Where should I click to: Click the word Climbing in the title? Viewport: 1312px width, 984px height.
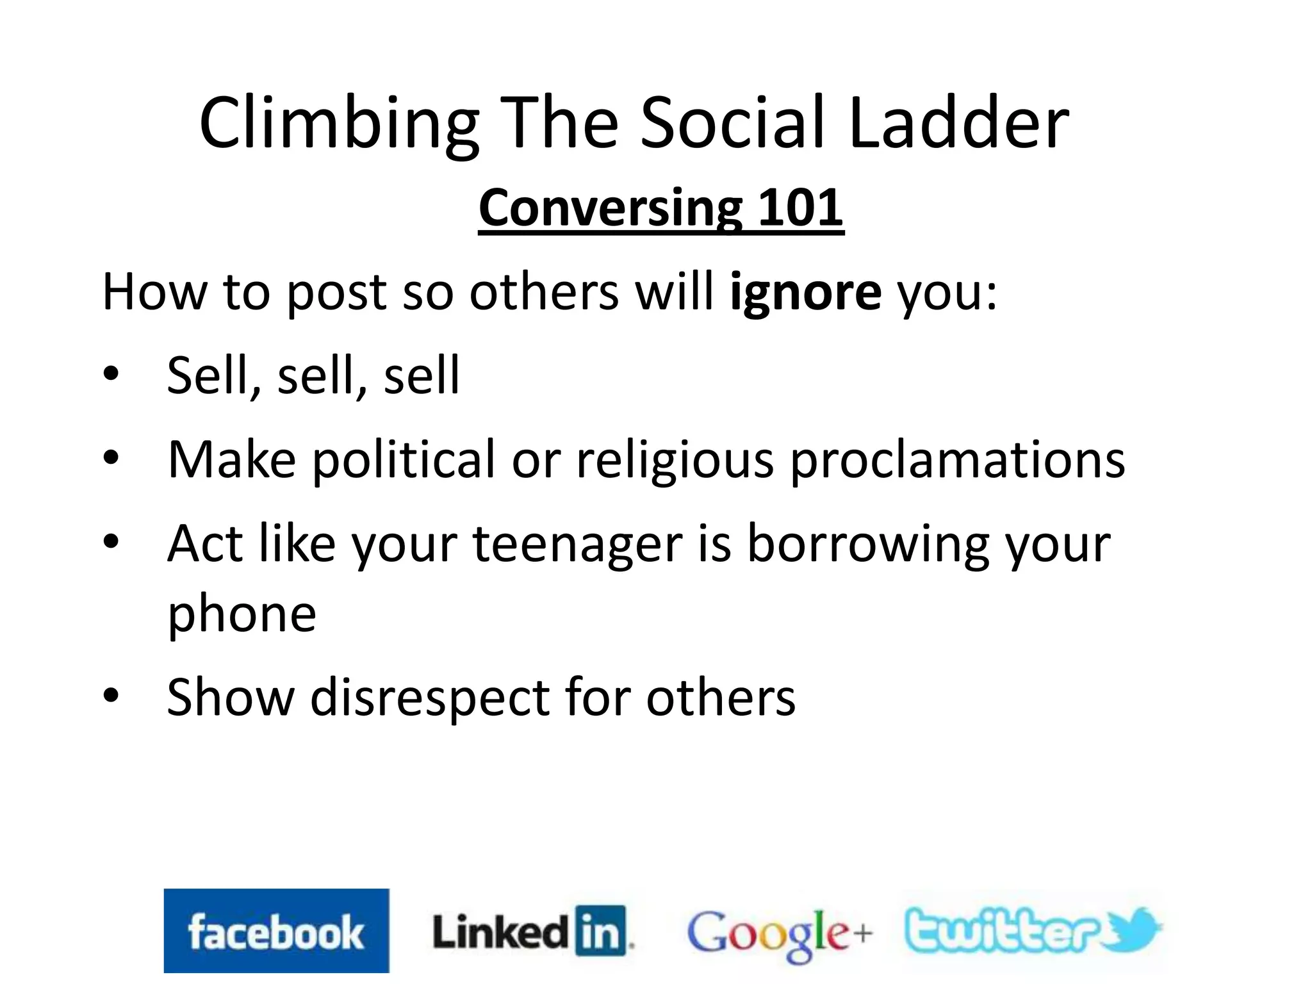point(339,123)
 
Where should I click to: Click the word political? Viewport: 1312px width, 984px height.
point(404,460)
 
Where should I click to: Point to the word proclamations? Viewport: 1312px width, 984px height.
point(957,460)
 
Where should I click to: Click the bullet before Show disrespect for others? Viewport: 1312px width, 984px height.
point(111,696)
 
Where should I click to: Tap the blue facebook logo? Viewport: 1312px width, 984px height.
point(276,930)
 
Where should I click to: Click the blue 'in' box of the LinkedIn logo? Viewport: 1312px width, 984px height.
point(600,931)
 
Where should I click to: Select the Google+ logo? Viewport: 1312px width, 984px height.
point(779,933)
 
